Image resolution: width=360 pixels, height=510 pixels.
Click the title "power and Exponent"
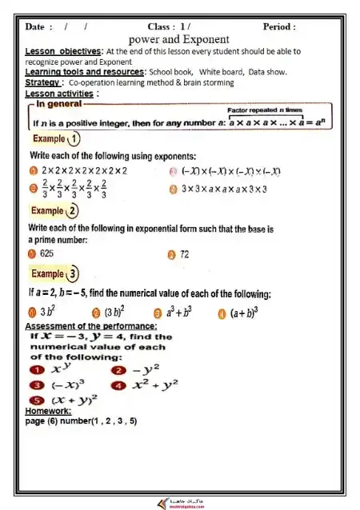179,39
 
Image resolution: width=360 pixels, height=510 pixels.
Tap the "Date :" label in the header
39,26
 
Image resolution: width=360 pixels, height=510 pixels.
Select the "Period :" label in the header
279,26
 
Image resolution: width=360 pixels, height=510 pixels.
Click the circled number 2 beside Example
74,211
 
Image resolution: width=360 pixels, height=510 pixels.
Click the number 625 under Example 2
50,254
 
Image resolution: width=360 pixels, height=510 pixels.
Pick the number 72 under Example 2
190,254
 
